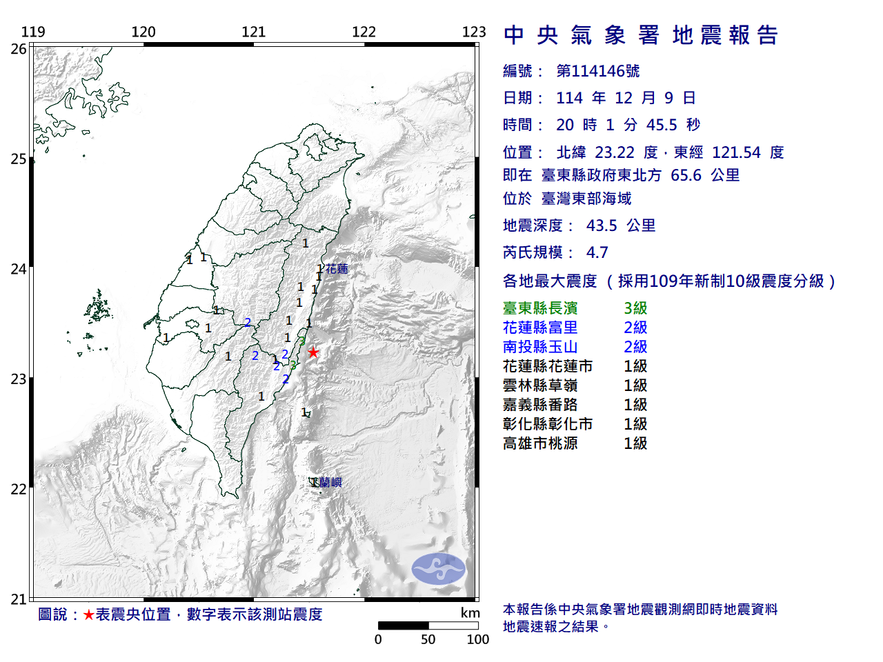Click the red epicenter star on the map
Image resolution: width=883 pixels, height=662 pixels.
[x=313, y=352]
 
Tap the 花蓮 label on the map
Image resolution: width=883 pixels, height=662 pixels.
[x=337, y=269]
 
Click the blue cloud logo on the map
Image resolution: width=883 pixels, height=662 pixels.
[x=439, y=569]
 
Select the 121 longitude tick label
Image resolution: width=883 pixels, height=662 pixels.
[x=253, y=32]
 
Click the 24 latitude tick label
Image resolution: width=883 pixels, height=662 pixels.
[x=19, y=269]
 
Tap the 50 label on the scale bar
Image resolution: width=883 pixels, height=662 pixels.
[x=428, y=639]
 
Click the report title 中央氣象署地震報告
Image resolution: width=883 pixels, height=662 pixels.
[x=641, y=35]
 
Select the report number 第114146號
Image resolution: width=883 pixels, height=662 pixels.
[x=597, y=71]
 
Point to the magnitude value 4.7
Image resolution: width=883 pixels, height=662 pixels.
[x=597, y=252]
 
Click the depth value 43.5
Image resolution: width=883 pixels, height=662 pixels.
[x=602, y=225]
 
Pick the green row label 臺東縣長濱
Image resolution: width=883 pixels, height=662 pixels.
[x=540, y=308]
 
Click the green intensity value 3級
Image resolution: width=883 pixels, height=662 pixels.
[x=635, y=308]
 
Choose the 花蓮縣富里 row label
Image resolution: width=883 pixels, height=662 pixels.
[x=540, y=328]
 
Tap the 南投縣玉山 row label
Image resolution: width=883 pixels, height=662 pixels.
[x=540, y=347]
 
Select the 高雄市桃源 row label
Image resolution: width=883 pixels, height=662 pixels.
[x=540, y=443]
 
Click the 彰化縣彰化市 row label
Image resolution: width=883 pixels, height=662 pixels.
[x=548, y=424]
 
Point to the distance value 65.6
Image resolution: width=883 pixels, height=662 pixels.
[x=686, y=175]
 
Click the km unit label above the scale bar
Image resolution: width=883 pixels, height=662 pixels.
[x=470, y=613]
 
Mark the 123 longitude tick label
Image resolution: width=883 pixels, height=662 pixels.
[x=474, y=32]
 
